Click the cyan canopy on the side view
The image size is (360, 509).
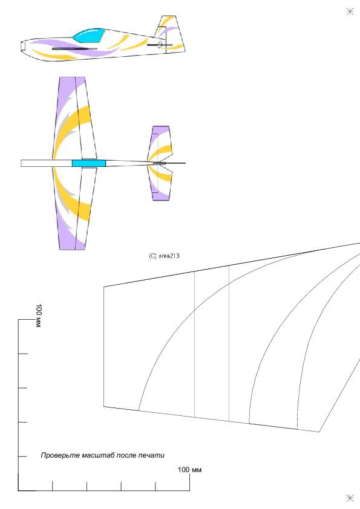(x=89, y=36)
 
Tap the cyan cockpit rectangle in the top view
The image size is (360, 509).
(x=89, y=163)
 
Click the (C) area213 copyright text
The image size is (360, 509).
(x=164, y=256)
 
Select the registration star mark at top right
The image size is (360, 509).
(x=350, y=11)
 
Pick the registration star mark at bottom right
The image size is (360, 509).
(x=350, y=498)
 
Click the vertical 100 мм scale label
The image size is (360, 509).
(x=38, y=315)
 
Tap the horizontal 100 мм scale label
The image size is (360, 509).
(x=189, y=470)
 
